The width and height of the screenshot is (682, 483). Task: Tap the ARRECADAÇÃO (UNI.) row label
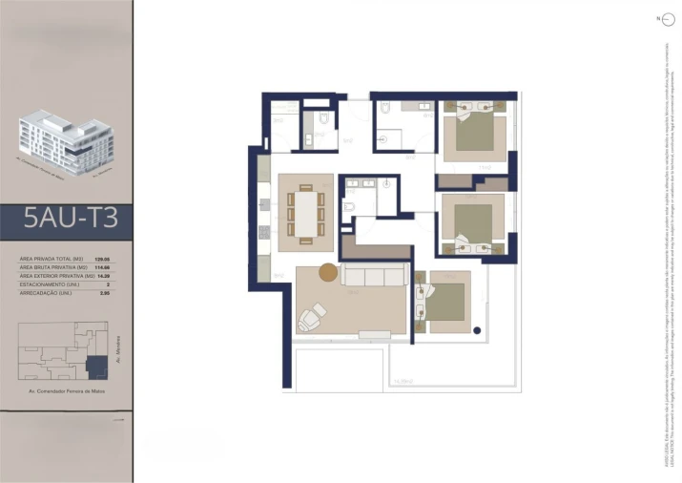point(46,291)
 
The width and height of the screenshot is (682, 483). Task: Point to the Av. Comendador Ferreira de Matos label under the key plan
point(71,392)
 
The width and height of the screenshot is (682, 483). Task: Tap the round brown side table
point(328,272)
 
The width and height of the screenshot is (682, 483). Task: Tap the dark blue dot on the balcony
point(476,330)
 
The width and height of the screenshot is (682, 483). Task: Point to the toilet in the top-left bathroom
point(323,120)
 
